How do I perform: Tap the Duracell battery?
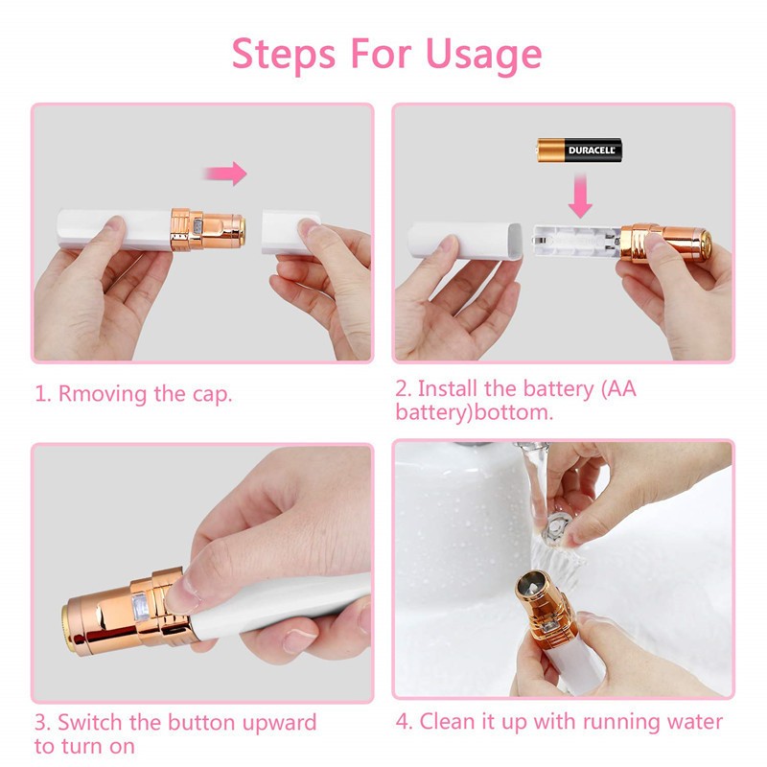click(579, 151)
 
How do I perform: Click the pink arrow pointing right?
click(225, 174)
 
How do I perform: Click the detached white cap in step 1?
click(288, 229)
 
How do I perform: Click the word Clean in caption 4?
click(448, 722)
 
